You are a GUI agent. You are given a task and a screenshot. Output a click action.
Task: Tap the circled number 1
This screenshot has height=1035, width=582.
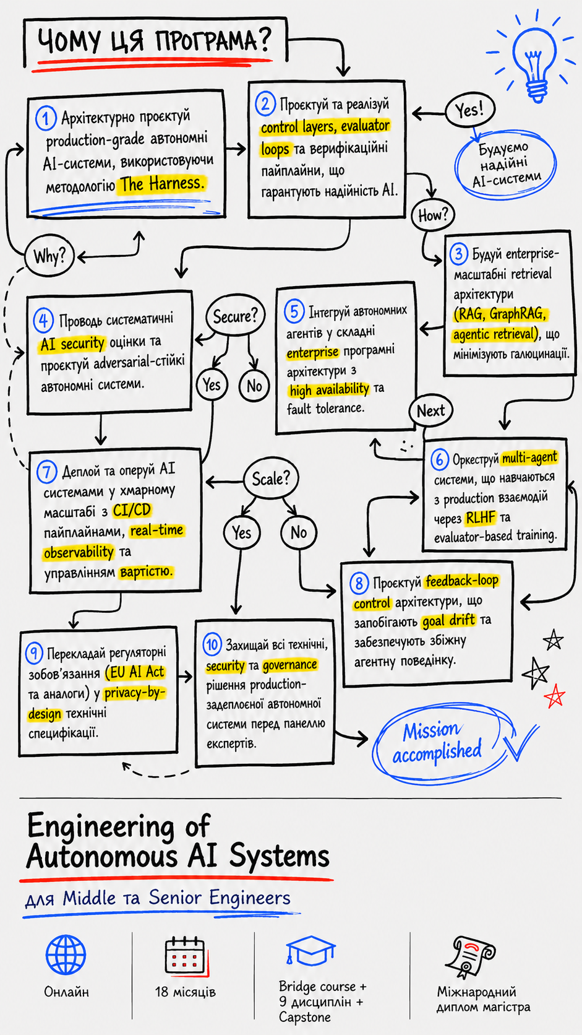point(46,118)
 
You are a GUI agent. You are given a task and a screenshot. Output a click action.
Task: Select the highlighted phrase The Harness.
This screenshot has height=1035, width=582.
point(161,184)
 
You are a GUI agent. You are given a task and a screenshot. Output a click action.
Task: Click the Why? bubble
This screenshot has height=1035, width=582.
point(50,256)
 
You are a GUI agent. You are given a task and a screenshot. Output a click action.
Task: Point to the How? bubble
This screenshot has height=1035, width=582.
point(433,214)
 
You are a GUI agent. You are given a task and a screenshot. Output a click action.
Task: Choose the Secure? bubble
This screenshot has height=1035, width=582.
point(236,316)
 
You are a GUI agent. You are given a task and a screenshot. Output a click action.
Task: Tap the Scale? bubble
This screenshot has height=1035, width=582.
point(271,479)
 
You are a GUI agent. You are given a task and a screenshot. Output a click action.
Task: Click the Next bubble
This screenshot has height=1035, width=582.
point(430,410)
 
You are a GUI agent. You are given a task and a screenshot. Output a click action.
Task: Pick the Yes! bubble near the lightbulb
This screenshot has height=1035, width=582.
point(470,110)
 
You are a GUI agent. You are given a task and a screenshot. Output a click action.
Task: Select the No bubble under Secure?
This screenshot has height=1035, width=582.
point(254,386)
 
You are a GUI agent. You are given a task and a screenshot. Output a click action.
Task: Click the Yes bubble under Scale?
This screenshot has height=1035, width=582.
point(242,533)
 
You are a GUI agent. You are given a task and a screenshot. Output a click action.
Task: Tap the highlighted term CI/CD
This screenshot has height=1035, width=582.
point(132,510)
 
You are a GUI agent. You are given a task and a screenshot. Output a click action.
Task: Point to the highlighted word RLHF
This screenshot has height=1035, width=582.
point(481,518)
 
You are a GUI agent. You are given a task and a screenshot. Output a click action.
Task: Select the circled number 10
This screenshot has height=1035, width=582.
point(212,644)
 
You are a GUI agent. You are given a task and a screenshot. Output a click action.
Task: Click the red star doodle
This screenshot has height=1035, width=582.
point(555,696)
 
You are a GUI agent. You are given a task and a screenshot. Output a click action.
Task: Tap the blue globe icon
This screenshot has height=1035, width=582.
point(66,955)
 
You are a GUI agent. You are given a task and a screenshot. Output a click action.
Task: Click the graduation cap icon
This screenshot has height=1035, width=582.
point(310,950)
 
